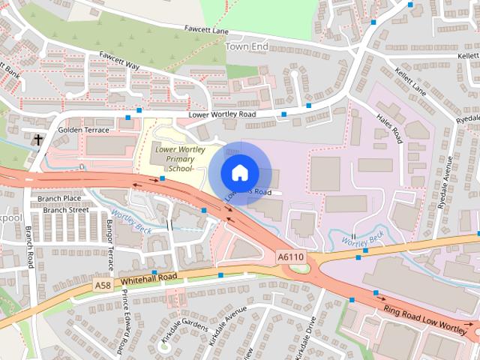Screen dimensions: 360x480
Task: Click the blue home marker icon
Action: (238, 173)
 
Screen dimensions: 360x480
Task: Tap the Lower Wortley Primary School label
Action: (175, 159)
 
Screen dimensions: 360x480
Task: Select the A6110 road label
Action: (291, 257)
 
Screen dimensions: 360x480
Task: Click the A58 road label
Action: (103, 286)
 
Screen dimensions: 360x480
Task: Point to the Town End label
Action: (246, 46)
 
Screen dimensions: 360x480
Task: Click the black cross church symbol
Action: (37, 139)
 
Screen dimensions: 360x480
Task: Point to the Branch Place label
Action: (61, 199)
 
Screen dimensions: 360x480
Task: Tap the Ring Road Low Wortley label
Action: (425, 315)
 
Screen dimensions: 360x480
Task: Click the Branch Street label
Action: (65, 211)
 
